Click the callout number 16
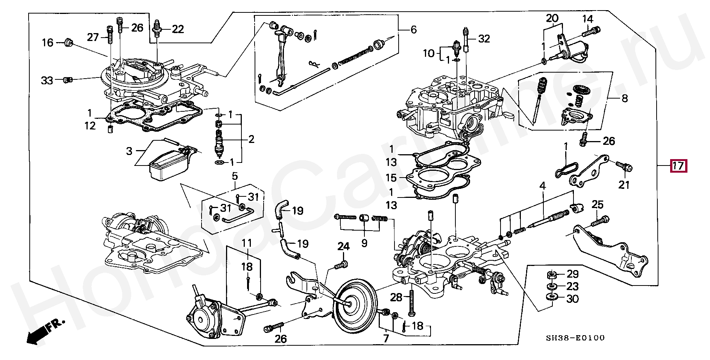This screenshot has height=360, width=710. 47,43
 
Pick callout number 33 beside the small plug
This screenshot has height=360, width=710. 47,80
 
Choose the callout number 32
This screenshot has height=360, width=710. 484,38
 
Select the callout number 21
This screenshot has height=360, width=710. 624,185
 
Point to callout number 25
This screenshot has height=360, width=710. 597,205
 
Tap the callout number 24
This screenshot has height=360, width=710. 343,247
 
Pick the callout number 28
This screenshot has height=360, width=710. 396,297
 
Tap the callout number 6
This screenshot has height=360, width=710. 414,30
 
